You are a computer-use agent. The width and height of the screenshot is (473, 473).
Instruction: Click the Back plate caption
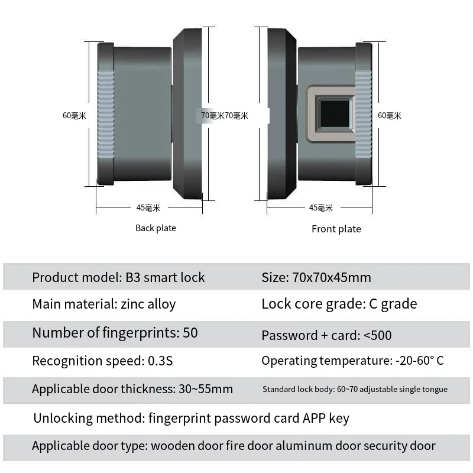coord(155,228)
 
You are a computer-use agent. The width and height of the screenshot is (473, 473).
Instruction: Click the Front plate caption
coord(336,229)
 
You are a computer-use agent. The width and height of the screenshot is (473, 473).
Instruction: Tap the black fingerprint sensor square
coord(335,114)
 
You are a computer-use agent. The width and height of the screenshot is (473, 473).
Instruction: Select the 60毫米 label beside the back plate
coord(74,115)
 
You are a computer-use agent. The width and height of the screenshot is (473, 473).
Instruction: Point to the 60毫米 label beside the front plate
coord(390,115)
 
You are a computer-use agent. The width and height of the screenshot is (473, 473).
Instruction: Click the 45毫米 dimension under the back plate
coord(148,208)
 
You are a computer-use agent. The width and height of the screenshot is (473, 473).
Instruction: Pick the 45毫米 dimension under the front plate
coord(321,208)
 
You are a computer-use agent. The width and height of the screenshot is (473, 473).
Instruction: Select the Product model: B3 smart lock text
coord(118,277)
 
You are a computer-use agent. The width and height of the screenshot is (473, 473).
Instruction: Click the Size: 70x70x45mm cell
coord(316,277)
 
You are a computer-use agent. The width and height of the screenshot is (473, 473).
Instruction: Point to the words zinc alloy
coord(148,304)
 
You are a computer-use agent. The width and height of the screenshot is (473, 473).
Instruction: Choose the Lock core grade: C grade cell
coord(339,304)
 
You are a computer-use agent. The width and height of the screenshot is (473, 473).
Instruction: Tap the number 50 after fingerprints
coord(190,332)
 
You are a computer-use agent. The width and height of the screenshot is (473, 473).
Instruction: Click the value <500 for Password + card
coord(377,335)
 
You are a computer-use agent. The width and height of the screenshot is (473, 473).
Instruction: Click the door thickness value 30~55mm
coord(205,389)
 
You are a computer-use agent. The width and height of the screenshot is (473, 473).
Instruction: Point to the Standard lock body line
coord(355,389)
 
